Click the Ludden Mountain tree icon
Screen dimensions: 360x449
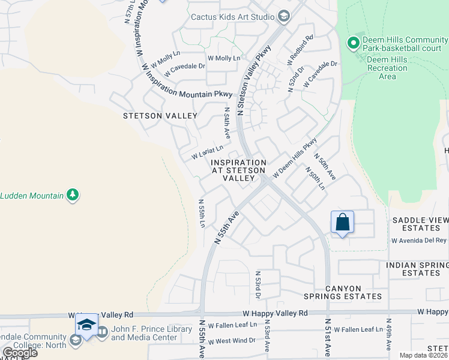coord(73,195)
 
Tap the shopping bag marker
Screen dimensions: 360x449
coord(342,222)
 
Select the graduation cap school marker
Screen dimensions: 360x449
coord(87,325)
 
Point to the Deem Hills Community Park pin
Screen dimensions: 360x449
coord(354,43)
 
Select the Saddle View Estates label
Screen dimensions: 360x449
coord(420,224)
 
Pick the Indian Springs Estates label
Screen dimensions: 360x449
coord(417,269)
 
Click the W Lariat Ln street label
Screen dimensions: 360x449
coord(207,152)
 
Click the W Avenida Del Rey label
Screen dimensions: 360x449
coord(419,240)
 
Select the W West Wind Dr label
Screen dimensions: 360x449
coord(227,341)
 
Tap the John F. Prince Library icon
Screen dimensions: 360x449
coord(102,331)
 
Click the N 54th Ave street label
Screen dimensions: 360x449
coord(227,122)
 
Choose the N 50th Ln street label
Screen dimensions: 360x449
coord(315,178)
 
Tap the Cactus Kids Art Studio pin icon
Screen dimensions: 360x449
coord(284,17)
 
